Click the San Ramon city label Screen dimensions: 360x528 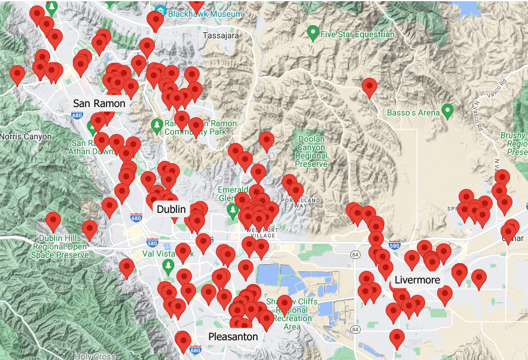(x=99, y=103)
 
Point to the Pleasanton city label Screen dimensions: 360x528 (x=233, y=337)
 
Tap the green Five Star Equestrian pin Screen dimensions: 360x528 (x=313, y=33)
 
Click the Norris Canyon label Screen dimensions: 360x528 (x=26, y=136)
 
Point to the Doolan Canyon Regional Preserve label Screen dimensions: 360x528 (x=312, y=151)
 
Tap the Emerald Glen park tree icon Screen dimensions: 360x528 (x=233, y=210)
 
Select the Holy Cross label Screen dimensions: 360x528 (x=96, y=356)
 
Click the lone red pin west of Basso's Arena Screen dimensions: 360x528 (x=370, y=87)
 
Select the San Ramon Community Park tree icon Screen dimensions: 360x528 (x=157, y=125)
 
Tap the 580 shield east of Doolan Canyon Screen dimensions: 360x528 (x=394, y=245)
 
